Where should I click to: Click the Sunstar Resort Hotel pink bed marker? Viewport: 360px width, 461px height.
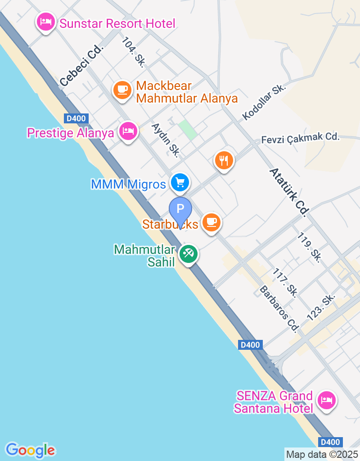click(46, 22)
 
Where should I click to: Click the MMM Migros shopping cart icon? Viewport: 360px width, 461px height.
click(180, 182)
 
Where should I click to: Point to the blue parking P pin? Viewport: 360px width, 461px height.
click(180, 209)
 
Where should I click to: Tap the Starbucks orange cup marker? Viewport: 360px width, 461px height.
click(211, 222)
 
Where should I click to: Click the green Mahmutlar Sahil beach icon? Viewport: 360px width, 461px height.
click(189, 254)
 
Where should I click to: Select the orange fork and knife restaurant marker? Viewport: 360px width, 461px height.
click(224, 159)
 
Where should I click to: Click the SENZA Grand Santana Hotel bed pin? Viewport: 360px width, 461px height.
click(326, 400)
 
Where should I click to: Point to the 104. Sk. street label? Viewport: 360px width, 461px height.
click(133, 52)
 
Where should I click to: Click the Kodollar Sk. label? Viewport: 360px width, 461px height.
click(264, 102)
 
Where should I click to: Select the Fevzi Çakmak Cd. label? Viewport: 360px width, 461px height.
click(300, 138)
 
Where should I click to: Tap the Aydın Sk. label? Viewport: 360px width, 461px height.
click(166, 140)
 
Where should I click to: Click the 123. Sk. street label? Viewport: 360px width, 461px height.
click(321, 307)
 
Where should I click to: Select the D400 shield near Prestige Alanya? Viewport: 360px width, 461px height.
click(76, 118)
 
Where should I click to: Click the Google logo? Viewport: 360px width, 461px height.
click(31, 449)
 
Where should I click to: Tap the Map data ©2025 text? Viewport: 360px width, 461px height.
click(322, 454)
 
